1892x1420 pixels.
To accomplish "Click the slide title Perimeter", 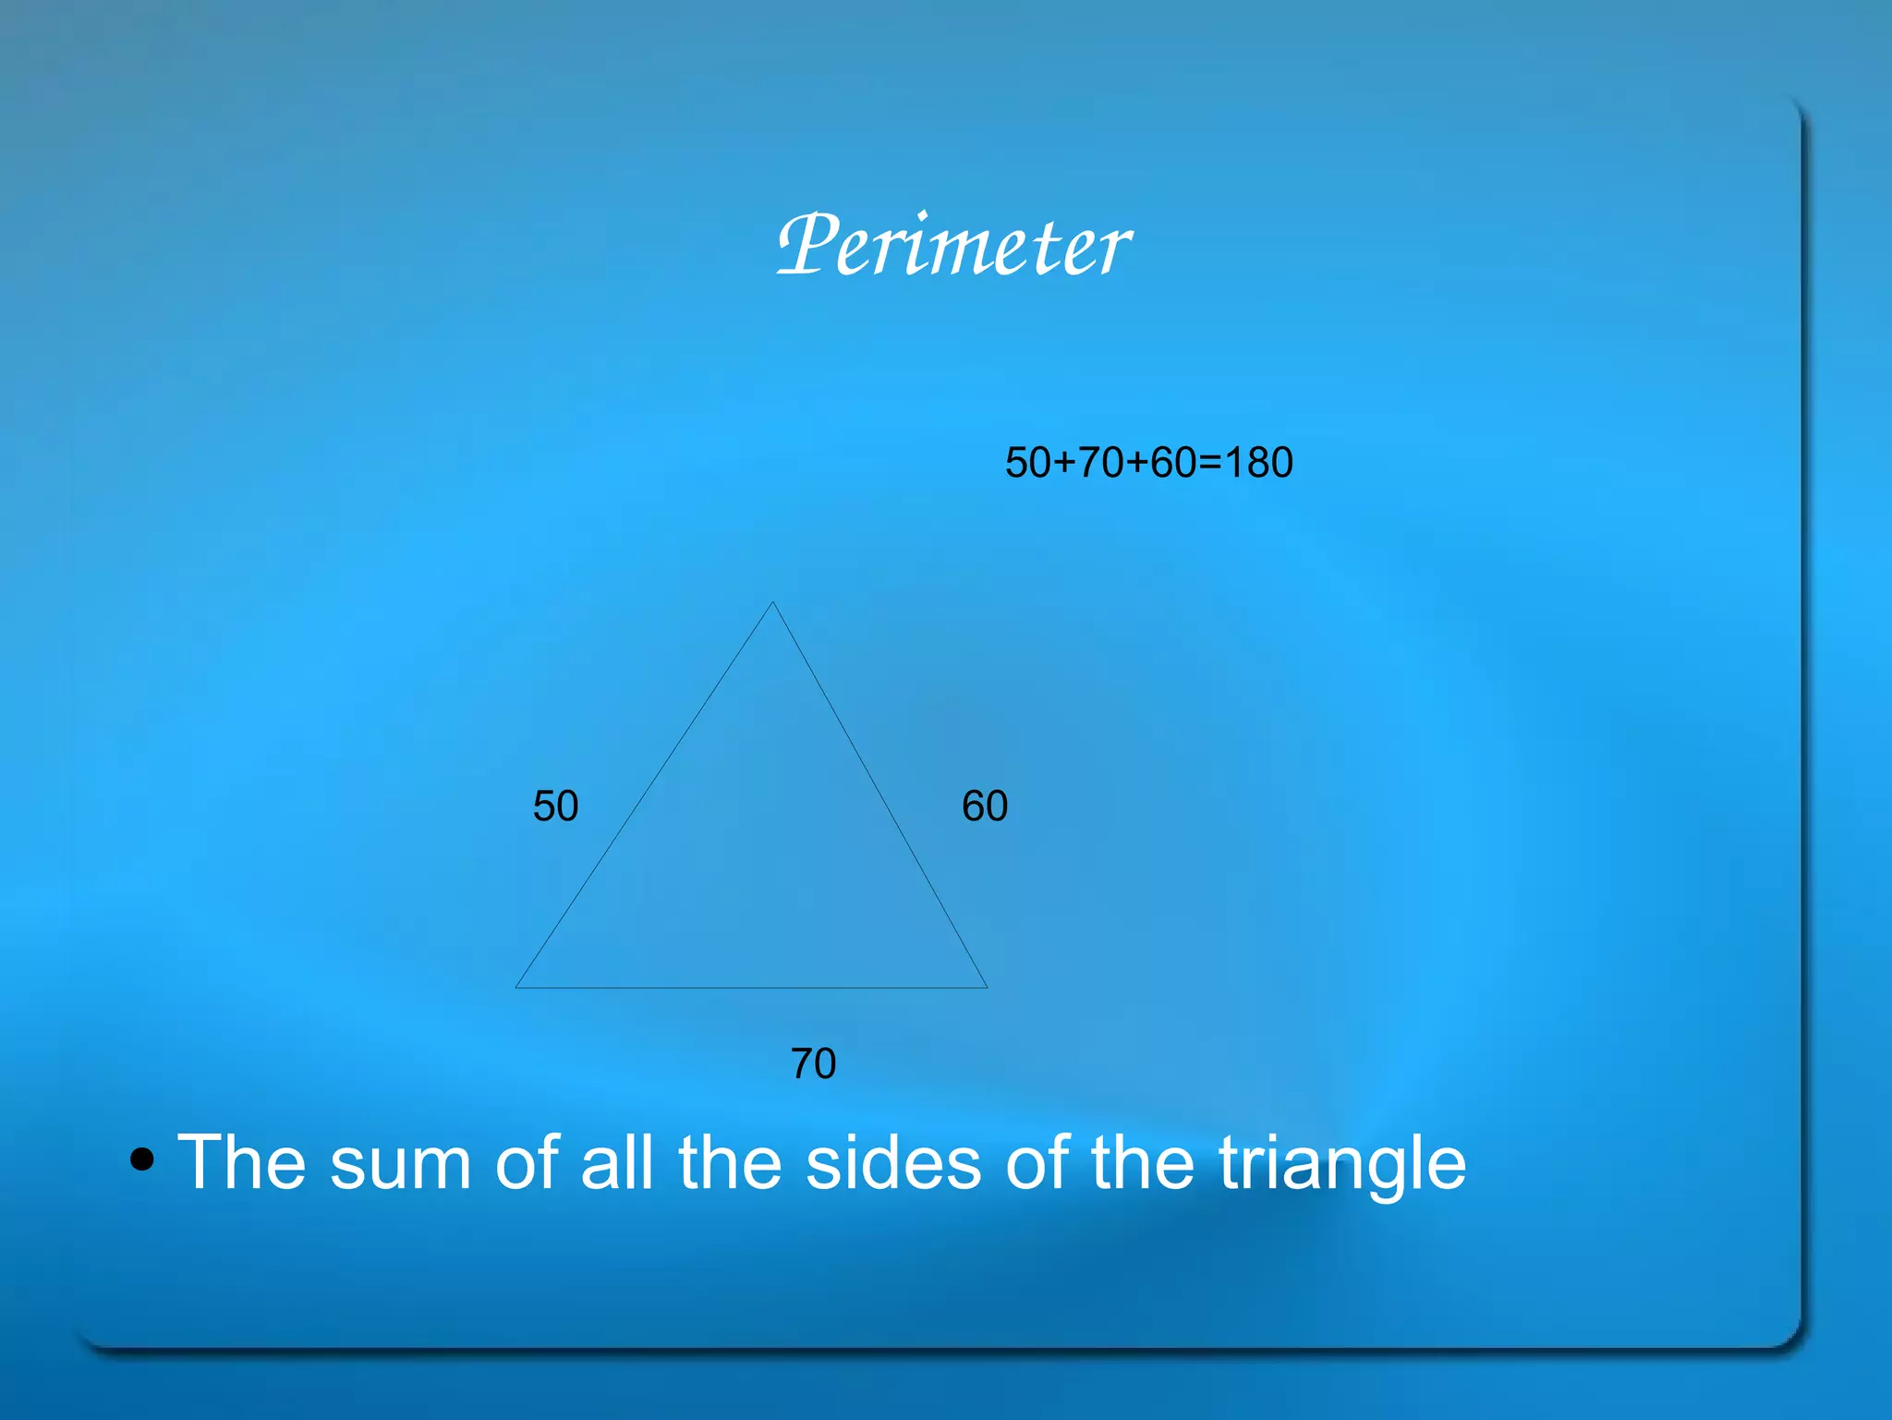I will click(x=953, y=245).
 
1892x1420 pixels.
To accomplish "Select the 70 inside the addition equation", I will click(x=1100, y=463).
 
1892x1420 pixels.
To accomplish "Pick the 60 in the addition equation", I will click(x=1173, y=463).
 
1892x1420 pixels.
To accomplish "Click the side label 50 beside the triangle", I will click(x=555, y=807).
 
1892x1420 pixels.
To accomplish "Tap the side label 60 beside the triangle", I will click(x=985, y=807).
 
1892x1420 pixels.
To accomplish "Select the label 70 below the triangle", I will click(x=813, y=1063).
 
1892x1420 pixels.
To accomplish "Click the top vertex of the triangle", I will click(x=772, y=603).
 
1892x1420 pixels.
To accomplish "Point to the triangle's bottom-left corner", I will click(x=516, y=987).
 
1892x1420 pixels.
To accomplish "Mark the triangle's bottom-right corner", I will click(x=987, y=987).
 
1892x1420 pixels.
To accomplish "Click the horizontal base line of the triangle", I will click(x=751, y=988).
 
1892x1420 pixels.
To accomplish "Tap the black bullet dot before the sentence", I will click(x=141, y=1159).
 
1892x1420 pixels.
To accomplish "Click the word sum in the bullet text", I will click(x=400, y=1163).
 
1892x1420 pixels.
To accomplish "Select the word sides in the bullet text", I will click(x=893, y=1163).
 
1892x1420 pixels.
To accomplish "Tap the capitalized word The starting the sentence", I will click(x=241, y=1161).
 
